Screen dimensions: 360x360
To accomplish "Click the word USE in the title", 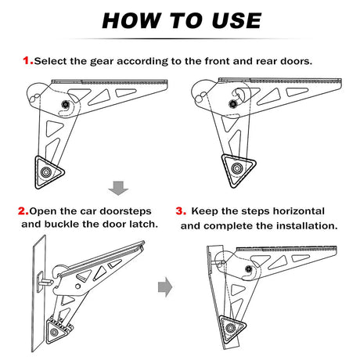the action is pos(236,20).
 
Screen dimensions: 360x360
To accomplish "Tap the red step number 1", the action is pos(28,61).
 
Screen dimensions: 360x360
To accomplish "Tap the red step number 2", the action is pos(23,211).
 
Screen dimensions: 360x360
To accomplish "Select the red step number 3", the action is pos(181,211).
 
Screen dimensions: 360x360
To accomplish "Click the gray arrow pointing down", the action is pos(118,188).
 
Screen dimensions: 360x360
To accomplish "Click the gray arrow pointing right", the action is pos(165,287).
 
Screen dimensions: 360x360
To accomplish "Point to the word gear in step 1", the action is pos(102,62).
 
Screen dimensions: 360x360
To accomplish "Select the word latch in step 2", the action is pos(143,224).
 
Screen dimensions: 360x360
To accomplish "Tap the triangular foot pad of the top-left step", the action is pos(49,172).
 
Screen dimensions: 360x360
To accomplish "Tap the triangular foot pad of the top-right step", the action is pos(238,169).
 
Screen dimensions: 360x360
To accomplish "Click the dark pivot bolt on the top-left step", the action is pos(65,105).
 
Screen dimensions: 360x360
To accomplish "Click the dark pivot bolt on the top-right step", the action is pos(232,103).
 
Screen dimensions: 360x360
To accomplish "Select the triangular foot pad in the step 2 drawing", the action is pos(57,330).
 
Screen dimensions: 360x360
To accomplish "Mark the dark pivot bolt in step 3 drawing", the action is pos(249,268).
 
